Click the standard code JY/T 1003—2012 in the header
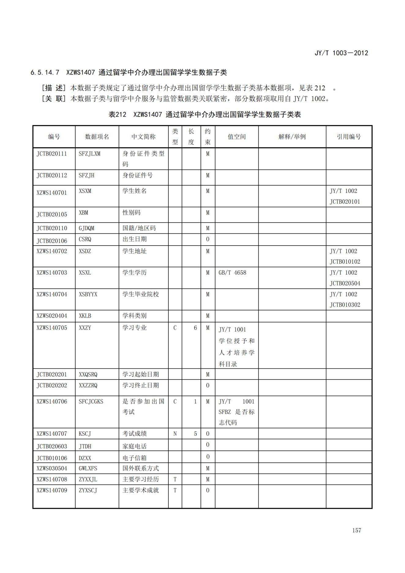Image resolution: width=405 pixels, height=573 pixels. (341, 53)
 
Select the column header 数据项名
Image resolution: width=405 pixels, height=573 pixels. (97, 137)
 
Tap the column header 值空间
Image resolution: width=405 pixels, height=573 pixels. (236, 137)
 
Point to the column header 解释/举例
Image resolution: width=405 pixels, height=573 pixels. (292, 137)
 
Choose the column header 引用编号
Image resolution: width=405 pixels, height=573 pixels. (349, 137)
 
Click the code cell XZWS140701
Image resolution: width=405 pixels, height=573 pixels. (52, 193)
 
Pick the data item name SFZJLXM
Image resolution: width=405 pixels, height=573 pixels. (89, 154)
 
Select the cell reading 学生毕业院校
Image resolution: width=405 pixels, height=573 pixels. (141, 294)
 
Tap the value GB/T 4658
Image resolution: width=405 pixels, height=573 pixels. (232, 273)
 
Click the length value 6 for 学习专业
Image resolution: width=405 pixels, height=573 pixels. (195, 328)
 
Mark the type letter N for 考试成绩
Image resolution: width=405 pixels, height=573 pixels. (175, 434)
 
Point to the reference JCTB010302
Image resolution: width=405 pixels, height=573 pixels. (345, 305)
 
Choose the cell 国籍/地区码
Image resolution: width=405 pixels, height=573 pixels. (139, 228)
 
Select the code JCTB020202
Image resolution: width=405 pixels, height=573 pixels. (52, 385)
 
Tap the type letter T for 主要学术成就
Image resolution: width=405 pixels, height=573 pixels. (175, 490)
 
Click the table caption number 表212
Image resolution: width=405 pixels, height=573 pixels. (117, 115)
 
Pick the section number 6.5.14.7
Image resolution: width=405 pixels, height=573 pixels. (45, 73)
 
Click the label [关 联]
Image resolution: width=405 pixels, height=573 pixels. (54, 99)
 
